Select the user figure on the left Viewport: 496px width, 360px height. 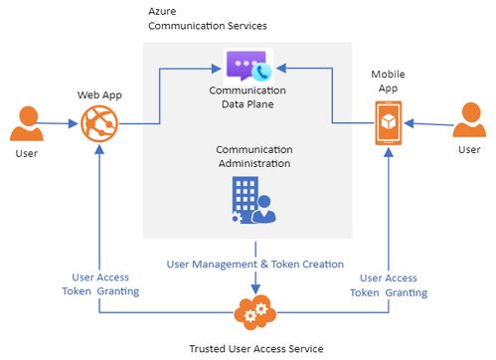26,124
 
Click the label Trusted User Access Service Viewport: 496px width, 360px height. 256,347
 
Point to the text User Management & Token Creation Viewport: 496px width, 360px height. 255,265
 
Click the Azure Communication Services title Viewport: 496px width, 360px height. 194,17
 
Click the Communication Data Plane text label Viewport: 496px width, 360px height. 248,96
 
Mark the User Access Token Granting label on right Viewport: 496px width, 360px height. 389,285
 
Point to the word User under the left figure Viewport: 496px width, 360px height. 27,155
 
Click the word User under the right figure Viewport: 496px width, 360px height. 469,149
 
